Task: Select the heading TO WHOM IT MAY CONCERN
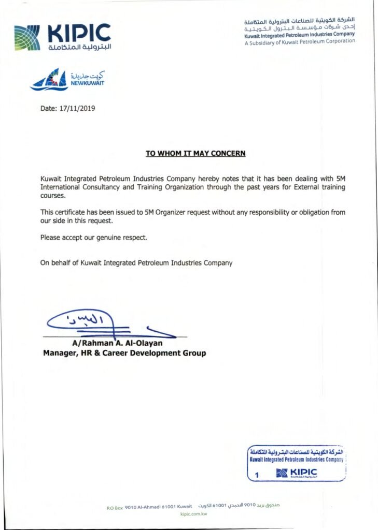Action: (195, 153)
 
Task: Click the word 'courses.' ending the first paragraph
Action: (53, 196)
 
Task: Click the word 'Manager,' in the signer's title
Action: (60, 353)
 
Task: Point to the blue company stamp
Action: (296, 463)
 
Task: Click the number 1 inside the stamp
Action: (257, 474)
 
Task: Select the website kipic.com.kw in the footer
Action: (193, 514)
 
